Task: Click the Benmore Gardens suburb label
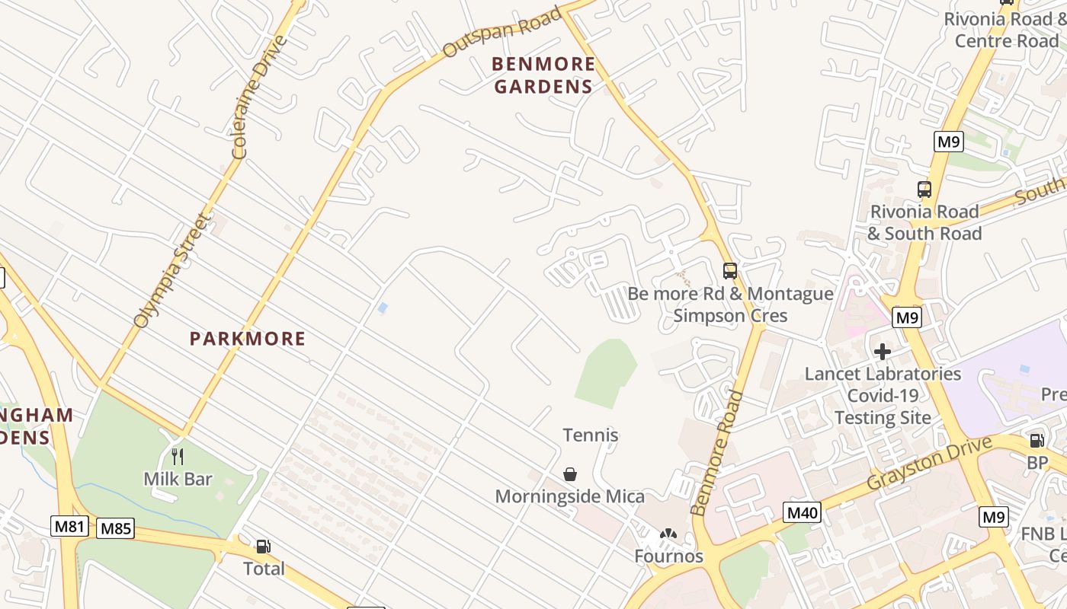click(543, 75)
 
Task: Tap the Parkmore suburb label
click(248, 339)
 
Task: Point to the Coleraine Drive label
click(260, 97)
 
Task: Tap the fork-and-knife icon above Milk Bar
click(178, 457)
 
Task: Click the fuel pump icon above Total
click(263, 547)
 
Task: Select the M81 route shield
click(70, 526)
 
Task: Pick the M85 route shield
click(116, 528)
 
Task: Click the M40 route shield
click(802, 512)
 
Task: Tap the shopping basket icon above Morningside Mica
click(569, 474)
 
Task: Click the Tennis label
click(590, 435)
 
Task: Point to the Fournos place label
click(668, 556)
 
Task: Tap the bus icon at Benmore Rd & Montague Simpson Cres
click(729, 270)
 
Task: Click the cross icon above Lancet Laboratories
click(883, 352)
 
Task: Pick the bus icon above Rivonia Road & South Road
click(924, 190)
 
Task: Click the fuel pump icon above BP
click(1037, 441)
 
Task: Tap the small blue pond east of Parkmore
click(383, 308)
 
